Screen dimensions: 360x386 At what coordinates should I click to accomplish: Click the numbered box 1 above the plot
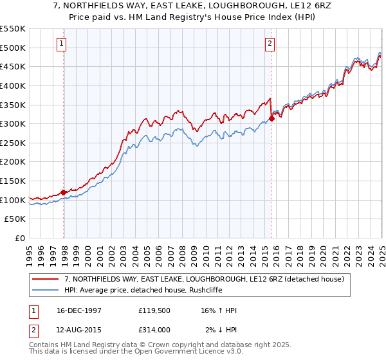tap(61, 44)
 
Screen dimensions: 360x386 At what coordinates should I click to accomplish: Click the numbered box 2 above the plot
tap(269, 44)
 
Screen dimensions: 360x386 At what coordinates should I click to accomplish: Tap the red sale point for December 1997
tap(64, 192)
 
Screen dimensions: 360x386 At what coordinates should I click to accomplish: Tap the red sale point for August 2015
tap(272, 118)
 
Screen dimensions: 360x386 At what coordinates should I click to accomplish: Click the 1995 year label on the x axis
tap(29, 251)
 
